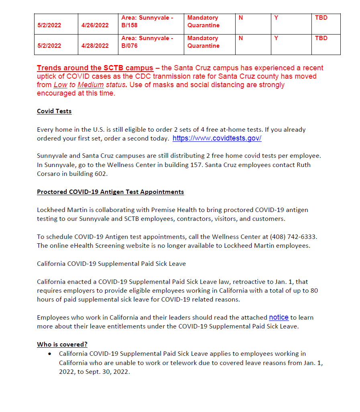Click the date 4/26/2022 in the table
point(95,25)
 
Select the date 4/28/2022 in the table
point(95,46)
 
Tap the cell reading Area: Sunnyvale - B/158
point(147,21)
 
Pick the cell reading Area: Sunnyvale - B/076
point(147,42)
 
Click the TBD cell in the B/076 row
point(321,38)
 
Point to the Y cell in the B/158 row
point(276,18)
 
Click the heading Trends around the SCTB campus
point(95,68)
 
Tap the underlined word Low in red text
point(58,85)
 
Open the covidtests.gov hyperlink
point(217,139)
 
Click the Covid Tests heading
point(54,111)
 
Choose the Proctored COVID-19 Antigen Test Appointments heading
point(110,192)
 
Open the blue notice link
point(279,317)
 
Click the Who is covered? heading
point(62,345)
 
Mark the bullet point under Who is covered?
point(49,354)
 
